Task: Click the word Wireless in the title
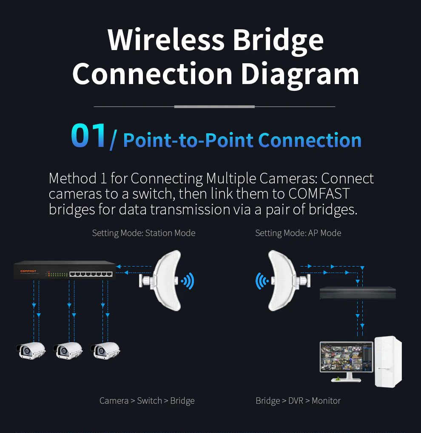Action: point(166,39)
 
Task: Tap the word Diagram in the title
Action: point(300,74)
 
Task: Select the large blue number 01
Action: point(88,135)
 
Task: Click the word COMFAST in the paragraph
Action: point(319,194)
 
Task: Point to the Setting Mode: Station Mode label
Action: point(144,233)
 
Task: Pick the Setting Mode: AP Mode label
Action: point(298,233)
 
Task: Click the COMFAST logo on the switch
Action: point(28,271)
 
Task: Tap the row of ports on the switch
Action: point(91,274)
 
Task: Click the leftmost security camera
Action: point(31,350)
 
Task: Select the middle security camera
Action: point(68,350)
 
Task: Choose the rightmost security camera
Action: point(105,350)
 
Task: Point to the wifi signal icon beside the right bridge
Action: point(262,281)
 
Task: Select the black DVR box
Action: point(358,293)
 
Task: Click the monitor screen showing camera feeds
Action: point(347,357)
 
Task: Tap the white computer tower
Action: point(388,362)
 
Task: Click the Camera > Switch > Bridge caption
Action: point(147,401)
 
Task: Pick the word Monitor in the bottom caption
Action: point(326,401)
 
